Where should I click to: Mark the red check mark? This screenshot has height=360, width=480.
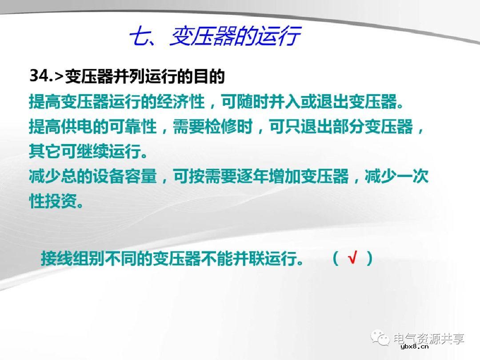pos(352,258)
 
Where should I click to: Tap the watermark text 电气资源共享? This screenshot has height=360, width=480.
pos(428,339)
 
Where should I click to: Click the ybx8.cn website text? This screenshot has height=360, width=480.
pos(414,348)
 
